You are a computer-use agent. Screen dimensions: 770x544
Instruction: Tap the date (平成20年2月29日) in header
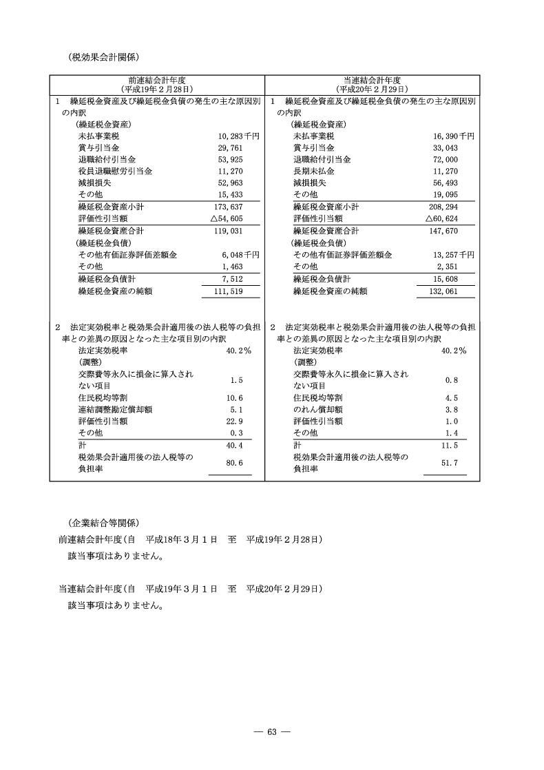(372, 90)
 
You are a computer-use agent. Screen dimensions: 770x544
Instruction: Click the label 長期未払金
(314, 171)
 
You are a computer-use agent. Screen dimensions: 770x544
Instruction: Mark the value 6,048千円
(240, 255)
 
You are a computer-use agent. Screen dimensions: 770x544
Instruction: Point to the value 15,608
(447, 279)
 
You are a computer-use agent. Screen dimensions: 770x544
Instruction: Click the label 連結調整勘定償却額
(115, 409)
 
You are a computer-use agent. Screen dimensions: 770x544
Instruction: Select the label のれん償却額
(318, 409)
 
